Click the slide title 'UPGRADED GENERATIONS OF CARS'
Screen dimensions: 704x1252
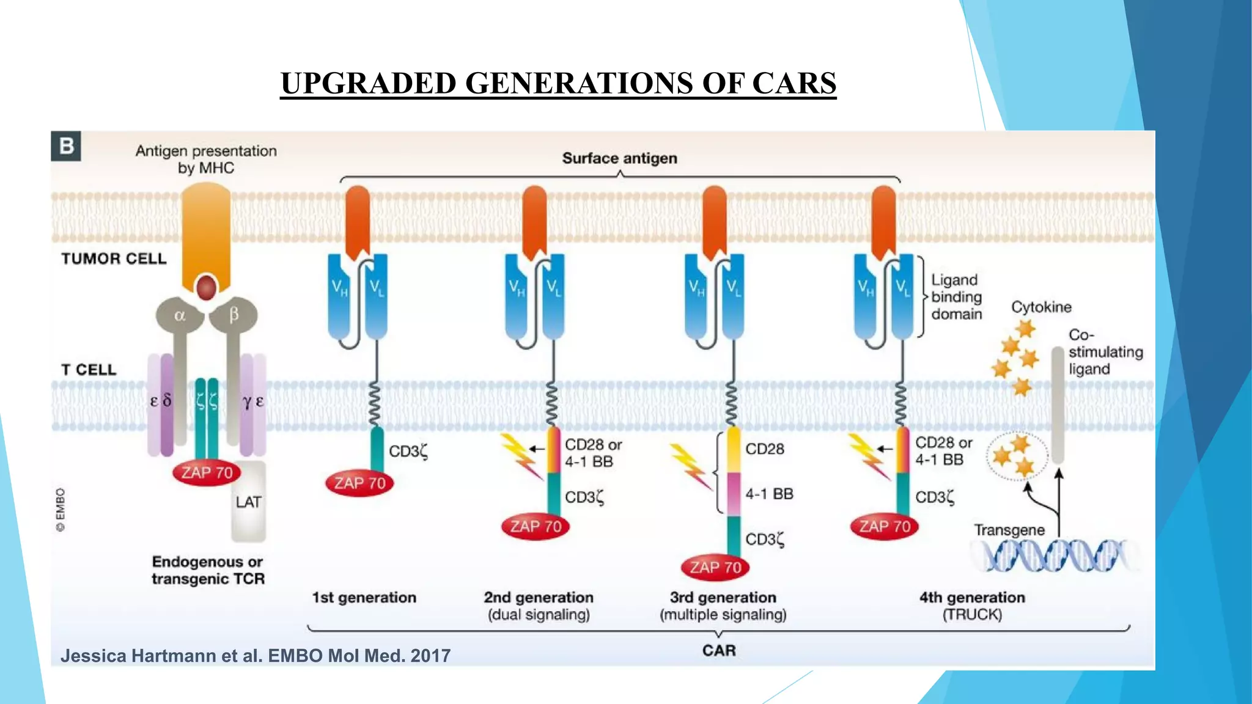558,83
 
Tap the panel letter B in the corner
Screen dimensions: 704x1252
66,146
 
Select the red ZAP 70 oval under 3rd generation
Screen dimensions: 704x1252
715,568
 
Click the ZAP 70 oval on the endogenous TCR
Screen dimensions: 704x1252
207,472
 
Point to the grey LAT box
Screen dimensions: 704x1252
248,502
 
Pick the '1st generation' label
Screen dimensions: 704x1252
364,597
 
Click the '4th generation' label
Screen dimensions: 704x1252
972,597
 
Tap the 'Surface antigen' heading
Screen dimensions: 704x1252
619,158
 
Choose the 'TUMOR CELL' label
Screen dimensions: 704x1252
114,258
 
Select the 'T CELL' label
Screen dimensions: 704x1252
89,370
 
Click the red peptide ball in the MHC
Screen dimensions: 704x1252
206,287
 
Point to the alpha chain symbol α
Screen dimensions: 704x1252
180,315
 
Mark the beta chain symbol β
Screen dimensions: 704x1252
234,315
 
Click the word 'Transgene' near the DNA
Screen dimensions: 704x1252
1009,530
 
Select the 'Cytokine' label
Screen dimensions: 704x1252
1041,307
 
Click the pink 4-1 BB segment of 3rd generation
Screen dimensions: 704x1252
734,493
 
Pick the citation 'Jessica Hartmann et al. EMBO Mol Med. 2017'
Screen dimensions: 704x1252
256,656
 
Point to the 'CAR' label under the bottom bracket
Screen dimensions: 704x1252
719,650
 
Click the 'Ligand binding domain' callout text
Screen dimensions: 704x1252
956,297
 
